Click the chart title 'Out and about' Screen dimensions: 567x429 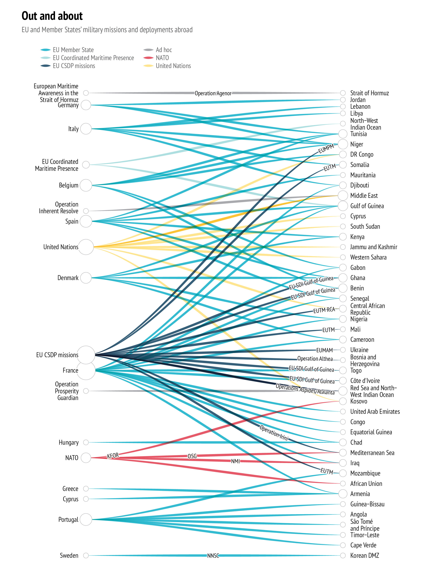click(52, 16)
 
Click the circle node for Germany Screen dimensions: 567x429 click(86, 105)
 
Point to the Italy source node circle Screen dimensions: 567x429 click(86, 129)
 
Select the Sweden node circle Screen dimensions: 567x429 click(86, 555)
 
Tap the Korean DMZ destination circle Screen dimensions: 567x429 click(343, 555)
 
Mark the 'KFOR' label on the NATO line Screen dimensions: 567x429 click(113, 456)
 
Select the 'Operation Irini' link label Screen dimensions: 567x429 click(274, 433)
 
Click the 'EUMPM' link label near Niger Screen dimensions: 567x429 click(326, 149)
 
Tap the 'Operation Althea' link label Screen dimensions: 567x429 click(315, 359)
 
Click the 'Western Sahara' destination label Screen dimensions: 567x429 click(368, 257)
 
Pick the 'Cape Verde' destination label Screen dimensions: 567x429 click(363, 545)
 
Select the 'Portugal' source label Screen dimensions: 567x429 click(68, 520)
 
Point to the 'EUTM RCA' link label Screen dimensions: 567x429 click(324, 310)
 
